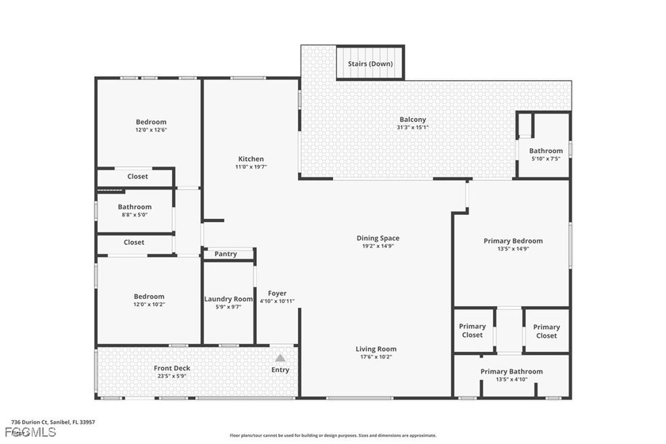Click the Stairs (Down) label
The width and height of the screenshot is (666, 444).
click(370, 63)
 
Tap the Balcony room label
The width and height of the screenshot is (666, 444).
click(412, 120)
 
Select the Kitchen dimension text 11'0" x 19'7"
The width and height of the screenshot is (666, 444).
click(251, 167)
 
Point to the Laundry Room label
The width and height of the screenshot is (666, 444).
click(228, 299)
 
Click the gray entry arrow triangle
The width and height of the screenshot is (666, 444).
click(280, 358)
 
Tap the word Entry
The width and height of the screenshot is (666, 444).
click(280, 370)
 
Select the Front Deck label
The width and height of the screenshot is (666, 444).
click(172, 368)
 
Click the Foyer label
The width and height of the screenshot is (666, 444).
click(277, 293)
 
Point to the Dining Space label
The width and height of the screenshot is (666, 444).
click(377, 238)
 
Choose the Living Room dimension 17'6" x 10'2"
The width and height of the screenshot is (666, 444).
click(376, 357)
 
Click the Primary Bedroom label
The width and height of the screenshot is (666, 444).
click(513, 241)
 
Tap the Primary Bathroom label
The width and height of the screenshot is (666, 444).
click(511, 371)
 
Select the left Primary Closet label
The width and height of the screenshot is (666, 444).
click(473, 331)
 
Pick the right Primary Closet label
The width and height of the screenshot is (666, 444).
click(546, 331)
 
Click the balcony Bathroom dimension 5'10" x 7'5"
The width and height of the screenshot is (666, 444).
click(545, 159)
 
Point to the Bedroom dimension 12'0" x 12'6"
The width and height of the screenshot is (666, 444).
click(151, 130)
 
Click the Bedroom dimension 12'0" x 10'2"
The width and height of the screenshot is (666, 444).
click(149, 304)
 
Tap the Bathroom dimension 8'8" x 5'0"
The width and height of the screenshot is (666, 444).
click(134, 215)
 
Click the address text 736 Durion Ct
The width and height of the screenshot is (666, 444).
click(32, 422)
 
